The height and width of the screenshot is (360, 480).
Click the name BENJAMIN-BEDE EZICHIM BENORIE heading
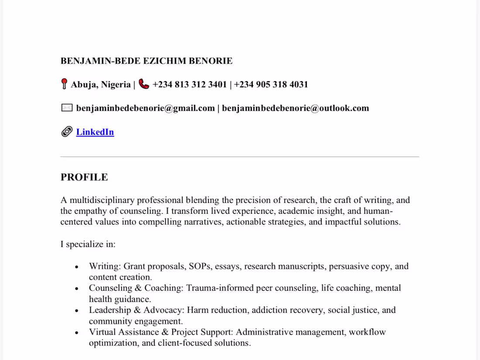pyautogui.click(x=146, y=61)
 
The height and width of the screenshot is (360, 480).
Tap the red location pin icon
pyautogui.click(x=64, y=84)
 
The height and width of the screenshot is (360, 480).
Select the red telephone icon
pyautogui.click(x=144, y=84)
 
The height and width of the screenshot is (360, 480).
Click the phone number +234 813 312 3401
pyautogui.click(x=189, y=85)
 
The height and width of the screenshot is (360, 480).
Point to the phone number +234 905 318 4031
pyautogui.click(x=271, y=85)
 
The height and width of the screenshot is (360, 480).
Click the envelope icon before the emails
pyautogui.click(x=67, y=108)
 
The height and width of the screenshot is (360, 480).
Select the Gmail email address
pyautogui.click(x=145, y=108)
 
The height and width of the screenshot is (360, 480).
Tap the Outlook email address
pyautogui.click(x=295, y=108)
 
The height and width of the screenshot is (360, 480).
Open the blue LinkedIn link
pyautogui.click(x=95, y=132)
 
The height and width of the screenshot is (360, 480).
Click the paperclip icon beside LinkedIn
pyautogui.click(x=67, y=132)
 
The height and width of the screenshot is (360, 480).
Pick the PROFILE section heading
pyautogui.click(x=84, y=177)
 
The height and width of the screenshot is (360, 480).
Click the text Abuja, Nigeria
pyautogui.click(x=101, y=85)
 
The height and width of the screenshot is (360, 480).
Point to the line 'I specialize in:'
pyautogui.click(x=88, y=244)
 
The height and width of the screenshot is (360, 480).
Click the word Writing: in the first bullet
pyautogui.click(x=105, y=266)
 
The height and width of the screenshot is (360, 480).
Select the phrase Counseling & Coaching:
pyautogui.click(x=137, y=288)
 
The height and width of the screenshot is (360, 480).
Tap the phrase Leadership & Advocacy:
pyautogui.click(x=137, y=310)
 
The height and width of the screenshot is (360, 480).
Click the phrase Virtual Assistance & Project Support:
pyautogui.click(x=161, y=332)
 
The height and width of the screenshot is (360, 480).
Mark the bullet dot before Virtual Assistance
pyautogui.click(x=77, y=333)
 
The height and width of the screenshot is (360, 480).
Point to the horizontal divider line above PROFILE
pyautogui.click(x=240, y=156)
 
